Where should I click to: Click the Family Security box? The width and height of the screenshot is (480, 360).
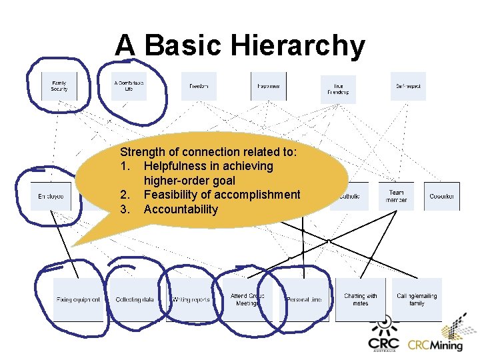59,86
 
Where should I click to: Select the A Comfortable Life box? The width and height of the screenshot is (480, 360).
129,86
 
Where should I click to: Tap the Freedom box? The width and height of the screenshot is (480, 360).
199,86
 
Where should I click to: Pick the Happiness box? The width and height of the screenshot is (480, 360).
269,86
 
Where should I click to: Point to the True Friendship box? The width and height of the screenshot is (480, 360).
339,89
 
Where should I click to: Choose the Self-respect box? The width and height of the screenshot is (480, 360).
408,86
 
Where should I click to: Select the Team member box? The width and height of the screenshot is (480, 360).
396,196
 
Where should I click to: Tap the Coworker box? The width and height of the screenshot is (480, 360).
441,197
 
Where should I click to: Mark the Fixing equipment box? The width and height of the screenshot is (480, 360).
79,299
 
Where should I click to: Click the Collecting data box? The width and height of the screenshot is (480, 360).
135,299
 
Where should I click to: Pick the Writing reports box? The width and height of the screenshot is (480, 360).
191,299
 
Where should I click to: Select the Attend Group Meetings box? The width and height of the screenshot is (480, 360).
247,299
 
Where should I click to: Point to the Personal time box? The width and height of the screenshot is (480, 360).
304,299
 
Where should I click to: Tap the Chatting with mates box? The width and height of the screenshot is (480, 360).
360,299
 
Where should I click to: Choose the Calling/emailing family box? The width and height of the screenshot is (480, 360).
417,299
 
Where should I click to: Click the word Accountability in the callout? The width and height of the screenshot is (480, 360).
180,209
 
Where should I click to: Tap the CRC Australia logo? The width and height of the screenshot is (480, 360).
383,337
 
